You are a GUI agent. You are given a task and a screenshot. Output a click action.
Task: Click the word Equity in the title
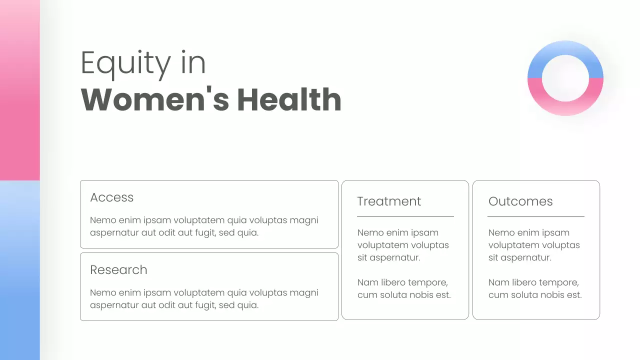click(125, 63)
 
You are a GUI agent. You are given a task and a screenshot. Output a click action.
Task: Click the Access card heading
click(112, 197)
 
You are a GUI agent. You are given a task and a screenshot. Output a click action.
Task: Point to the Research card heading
click(118, 270)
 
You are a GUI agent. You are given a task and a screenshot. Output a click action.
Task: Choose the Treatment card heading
click(389, 201)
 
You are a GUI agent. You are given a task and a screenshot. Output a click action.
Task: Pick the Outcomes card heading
click(520, 201)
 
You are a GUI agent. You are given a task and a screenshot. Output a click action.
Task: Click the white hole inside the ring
click(565, 78)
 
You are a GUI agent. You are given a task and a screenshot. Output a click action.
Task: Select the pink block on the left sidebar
click(19, 90)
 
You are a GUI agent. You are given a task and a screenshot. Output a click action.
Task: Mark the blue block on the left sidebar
click(19, 270)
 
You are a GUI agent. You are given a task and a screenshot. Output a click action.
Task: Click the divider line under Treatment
click(405, 216)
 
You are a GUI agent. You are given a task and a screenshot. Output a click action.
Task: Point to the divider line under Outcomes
click(536, 216)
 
